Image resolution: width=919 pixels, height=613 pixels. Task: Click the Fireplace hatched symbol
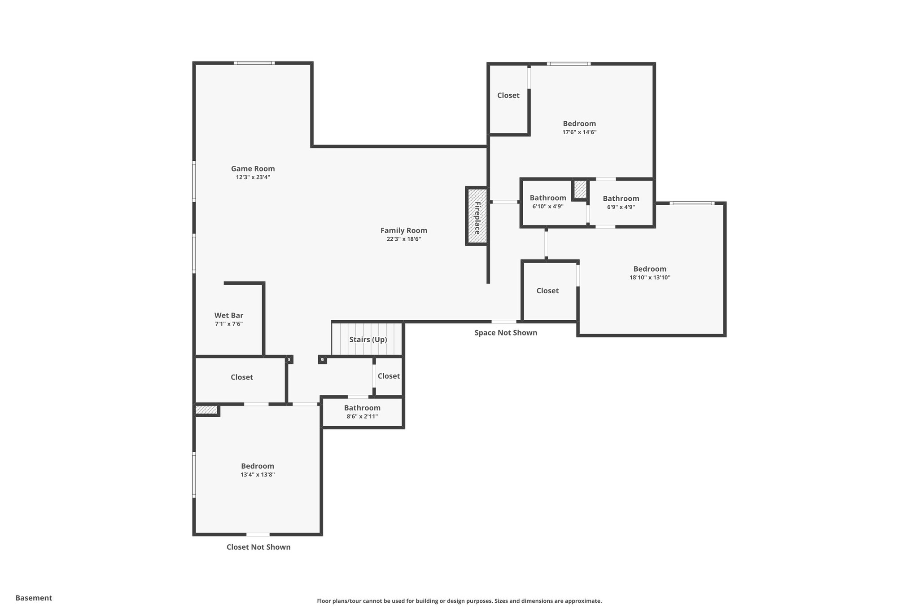477,216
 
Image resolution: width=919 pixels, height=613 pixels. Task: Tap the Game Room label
253,169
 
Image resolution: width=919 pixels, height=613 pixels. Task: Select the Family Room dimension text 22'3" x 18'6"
403,239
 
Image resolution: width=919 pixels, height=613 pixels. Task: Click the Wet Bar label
229,316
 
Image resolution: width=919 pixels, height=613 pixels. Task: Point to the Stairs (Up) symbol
367,339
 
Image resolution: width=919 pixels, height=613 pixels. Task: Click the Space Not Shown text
506,333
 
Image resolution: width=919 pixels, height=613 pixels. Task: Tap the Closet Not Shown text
258,547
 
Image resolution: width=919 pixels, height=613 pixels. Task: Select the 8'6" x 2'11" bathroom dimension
362,417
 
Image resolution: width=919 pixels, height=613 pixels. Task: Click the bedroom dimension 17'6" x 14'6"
579,132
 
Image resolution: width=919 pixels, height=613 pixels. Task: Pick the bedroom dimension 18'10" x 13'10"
650,278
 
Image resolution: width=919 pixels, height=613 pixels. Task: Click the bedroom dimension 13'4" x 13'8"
258,475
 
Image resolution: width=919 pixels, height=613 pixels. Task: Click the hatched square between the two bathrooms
580,189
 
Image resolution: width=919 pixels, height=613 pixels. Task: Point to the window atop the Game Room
254,63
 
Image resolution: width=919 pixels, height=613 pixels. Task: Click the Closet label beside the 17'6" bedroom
508,95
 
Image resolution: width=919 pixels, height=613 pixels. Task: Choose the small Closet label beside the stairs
389,376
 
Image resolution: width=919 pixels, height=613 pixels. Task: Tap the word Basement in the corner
34,598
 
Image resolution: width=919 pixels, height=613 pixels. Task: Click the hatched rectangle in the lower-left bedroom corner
206,410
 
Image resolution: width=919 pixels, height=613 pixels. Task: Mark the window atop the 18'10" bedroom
692,203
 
